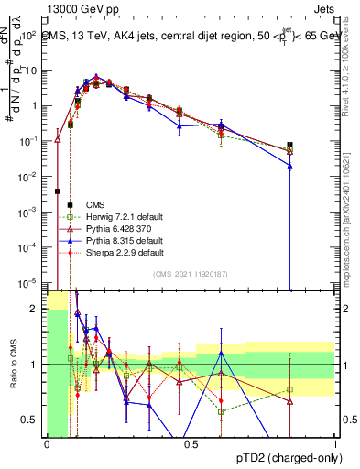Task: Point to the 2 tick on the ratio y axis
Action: click(x=37, y=309)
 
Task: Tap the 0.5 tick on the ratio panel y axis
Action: click(x=32, y=420)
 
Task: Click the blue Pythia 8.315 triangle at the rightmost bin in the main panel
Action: click(x=289, y=166)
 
